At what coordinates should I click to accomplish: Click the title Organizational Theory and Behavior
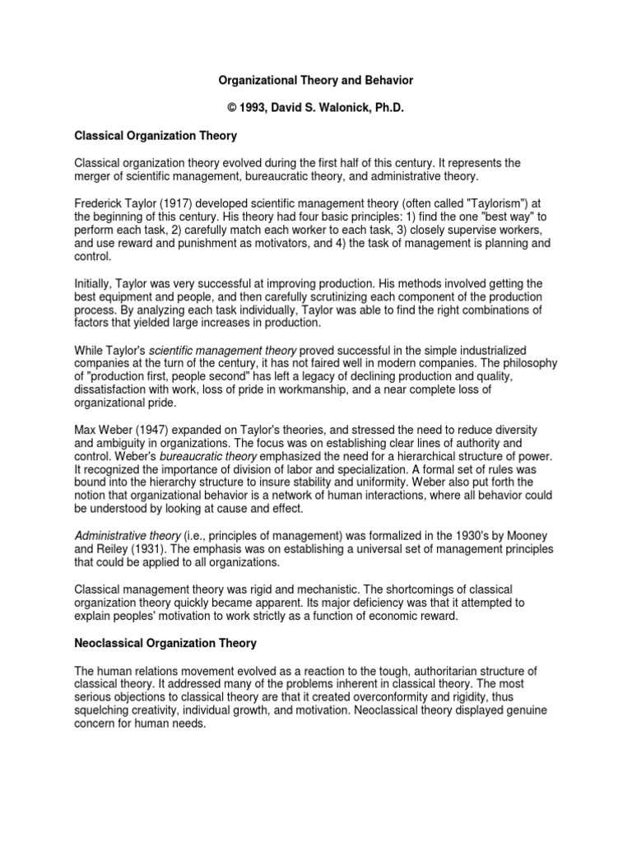point(315,81)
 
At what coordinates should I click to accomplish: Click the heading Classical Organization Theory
point(156,135)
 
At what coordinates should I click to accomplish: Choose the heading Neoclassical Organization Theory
point(165,642)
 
